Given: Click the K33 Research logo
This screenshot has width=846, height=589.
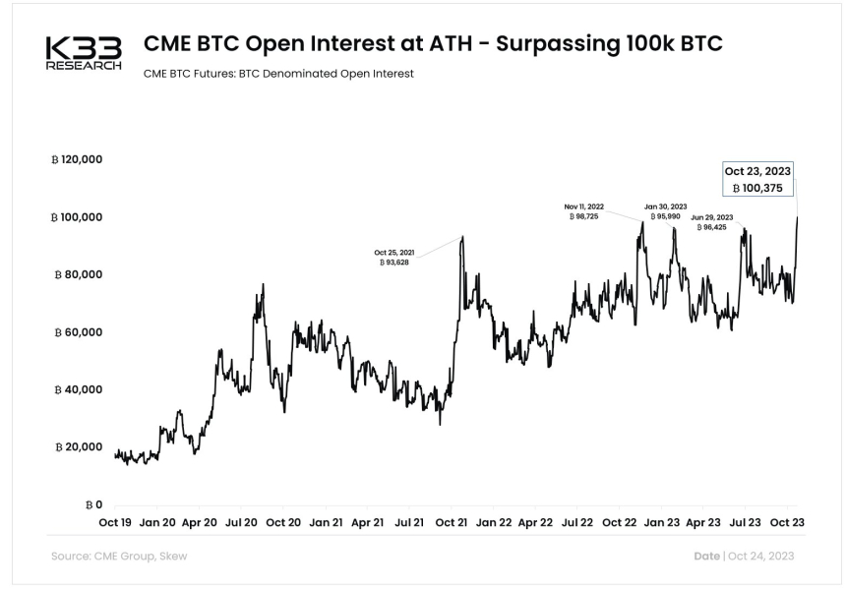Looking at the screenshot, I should point(84,54).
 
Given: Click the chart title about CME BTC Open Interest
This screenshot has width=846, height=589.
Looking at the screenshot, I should point(434,44).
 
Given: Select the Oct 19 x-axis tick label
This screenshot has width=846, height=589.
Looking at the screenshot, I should point(115,522).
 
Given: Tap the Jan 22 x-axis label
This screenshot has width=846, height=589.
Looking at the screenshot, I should point(495,522).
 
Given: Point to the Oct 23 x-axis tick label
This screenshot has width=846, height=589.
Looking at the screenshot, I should point(788,522).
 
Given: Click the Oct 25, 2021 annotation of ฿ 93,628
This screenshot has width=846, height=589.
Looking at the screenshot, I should point(394,258).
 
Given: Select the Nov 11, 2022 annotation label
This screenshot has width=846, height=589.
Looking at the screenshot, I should point(584,211).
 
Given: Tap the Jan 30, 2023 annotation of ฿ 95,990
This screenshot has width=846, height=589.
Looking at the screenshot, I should point(666,211).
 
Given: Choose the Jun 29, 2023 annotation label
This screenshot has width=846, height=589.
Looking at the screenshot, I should point(711,222).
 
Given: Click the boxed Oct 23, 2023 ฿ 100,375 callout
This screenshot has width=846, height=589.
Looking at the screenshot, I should point(755,179).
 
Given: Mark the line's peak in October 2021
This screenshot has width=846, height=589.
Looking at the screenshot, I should point(461,237).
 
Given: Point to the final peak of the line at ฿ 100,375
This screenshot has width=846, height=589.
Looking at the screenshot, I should point(796,217).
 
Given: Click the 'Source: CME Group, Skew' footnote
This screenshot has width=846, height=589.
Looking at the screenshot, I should point(118,557).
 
